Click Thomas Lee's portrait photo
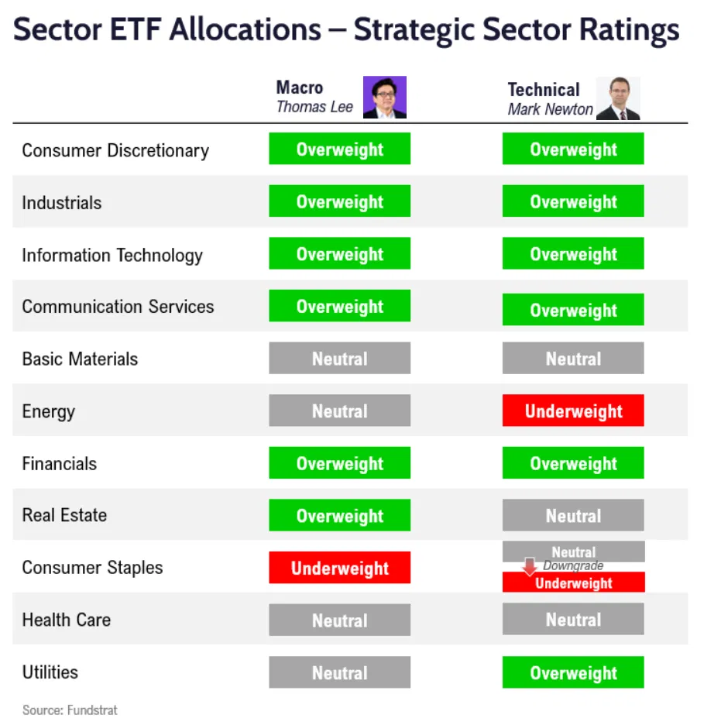385,97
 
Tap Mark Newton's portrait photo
618,98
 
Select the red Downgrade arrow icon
530,567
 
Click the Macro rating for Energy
339,411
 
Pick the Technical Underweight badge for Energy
573,411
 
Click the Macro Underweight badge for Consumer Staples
339,568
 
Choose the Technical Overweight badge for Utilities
573,672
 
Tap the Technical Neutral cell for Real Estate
573,516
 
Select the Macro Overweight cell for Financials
339,464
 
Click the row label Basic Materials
80,359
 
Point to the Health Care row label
67,620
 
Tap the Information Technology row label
112,256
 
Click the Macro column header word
300,88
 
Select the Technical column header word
544,90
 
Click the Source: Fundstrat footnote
70,709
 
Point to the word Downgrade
573,566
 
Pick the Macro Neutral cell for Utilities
339,672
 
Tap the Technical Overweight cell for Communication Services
573,310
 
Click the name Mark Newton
550,109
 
